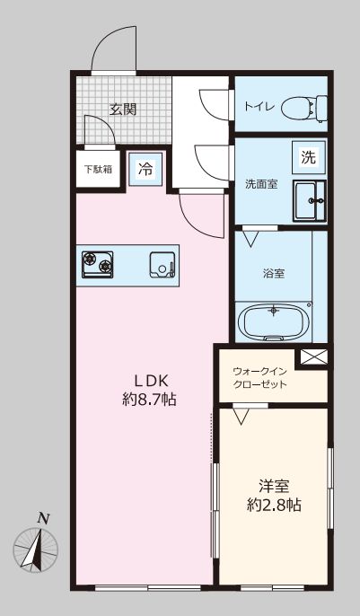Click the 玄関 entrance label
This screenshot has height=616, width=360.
point(123,110)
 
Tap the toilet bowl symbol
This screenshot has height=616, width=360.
point(304,107)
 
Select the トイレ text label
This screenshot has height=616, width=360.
point(257,107)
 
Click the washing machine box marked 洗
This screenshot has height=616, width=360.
point(309,157)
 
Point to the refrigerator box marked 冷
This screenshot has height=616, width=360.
point(145,169)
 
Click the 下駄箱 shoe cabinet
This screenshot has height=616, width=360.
point(98,170)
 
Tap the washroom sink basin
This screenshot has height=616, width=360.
point(310,201)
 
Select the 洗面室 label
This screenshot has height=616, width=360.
point(261,183)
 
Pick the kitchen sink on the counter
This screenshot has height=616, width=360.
point(162,265)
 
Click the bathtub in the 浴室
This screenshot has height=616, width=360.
point(274,322)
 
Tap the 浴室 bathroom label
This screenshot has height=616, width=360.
point(274,273)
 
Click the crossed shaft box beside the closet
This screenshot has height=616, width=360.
point(313,356)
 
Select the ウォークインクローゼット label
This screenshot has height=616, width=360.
point(260,377)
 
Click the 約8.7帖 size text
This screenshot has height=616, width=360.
point(149,400)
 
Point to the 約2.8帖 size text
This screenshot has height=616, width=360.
point(274,505)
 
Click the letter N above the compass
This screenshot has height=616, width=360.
point(43,519)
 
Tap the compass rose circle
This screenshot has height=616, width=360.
point(36,549)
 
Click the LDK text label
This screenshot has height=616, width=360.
point(151,380)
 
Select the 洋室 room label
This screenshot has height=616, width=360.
point(274,486)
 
